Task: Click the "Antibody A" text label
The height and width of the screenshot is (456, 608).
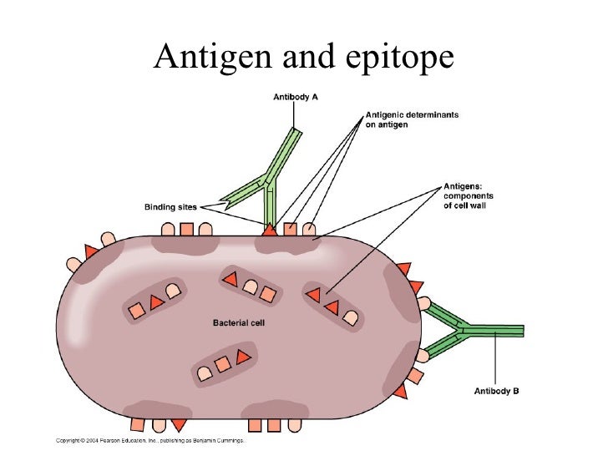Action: coord(296,98)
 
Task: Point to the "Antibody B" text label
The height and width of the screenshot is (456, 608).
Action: coord(497,390)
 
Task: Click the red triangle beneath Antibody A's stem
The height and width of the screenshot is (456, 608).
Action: coord(270,228)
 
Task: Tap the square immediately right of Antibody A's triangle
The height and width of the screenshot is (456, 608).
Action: coord(289,228)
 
